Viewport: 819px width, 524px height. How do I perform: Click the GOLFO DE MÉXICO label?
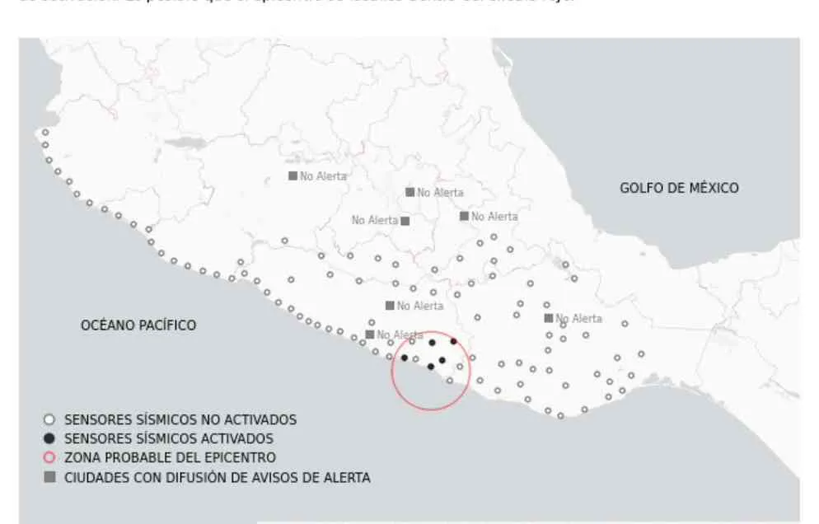[x=679, y=188]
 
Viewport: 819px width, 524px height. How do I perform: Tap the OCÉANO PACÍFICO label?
[x=138, y=325]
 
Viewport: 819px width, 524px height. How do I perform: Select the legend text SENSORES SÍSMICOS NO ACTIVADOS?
[x=180, y=419]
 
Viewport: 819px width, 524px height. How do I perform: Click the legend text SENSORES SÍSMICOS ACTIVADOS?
[x=169, y=438]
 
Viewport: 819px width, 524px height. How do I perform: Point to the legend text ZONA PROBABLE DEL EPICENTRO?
[x=170, y=457]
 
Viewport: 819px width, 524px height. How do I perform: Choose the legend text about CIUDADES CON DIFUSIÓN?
[x=218, y=477]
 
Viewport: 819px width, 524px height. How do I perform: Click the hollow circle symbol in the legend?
[x=49, y=419]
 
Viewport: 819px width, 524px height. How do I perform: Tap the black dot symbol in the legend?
[x=49, y=438]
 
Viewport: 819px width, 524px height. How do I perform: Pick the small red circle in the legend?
[x=49, y=457]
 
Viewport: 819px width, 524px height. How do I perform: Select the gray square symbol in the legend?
[x=49, y=477]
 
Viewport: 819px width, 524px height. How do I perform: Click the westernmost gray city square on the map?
[x=292, y=175]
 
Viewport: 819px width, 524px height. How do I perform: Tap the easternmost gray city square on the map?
[x=548, y=318]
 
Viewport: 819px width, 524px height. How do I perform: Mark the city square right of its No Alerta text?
[x=405, y=221]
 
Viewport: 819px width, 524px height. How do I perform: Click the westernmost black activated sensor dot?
[x=405, y=358]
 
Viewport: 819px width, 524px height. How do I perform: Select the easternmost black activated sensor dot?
[x=453, y=341]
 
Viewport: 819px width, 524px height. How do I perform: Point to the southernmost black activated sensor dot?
[x=430, y=367]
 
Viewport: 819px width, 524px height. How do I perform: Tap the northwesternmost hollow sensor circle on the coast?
[x=45, y=132]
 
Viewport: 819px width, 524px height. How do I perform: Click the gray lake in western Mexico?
[x=185, y=143]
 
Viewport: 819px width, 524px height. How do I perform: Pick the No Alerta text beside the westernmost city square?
[x=323, y=175]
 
